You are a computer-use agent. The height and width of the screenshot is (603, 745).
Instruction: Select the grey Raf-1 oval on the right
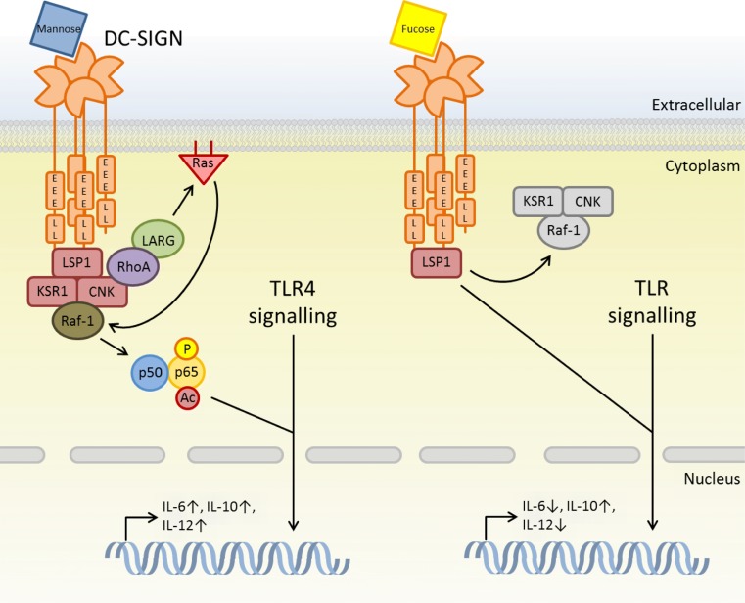(x=564, y=232)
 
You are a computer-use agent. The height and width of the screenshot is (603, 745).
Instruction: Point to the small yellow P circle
(x=187, y=349)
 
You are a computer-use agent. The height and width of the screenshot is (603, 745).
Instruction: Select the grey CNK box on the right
(x=586, y=202)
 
